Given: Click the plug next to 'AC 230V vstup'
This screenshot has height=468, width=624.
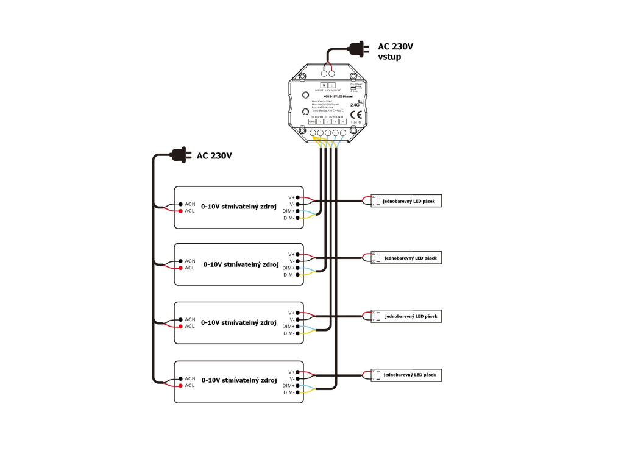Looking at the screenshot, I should pyautogui.click(x=358, y=49).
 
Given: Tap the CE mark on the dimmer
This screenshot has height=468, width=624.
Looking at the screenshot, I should pyautogui.click(x=356, y=114).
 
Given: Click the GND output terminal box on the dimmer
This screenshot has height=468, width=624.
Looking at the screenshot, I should pyautogui.click(x=312, y=122).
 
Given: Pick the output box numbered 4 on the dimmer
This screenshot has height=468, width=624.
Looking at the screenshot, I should pyautogui.click(x=343, y=122).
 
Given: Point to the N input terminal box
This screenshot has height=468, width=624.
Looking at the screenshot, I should pyautogui.click(x=324, y=84).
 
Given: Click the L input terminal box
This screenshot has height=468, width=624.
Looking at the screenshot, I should pyautogui.click(x=331, y=84).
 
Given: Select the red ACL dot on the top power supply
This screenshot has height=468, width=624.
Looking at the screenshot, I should pyautogui.click(x=180, y=211).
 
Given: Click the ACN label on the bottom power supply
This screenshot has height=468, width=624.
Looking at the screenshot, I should pyautogui.click(x=190, y=378).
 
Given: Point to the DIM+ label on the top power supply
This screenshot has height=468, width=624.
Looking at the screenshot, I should pyautogui.click(x=288, y=211).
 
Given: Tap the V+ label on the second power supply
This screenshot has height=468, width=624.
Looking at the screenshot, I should pyautogui.click(x=291, y=254).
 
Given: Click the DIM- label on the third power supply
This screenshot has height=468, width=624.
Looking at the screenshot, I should pyautogui.click(x=289, y=333).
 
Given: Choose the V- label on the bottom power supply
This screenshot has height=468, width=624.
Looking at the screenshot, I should pyautogui.click(x=292, y=378).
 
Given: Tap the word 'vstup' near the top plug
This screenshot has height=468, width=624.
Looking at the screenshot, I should pyautogui.click(x=389, y=57).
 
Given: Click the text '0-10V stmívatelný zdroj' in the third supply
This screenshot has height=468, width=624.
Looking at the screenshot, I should pyautogui.click(x=238, y=322).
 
